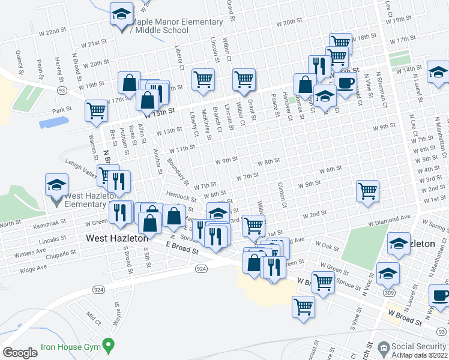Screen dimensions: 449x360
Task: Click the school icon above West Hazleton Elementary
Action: click(56, 185)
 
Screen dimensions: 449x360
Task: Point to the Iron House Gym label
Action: click(68, 346)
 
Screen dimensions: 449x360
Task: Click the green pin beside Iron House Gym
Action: click(108, 346)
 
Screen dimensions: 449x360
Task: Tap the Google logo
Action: click(20, 353)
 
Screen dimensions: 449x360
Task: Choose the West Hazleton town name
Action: click(116, 238)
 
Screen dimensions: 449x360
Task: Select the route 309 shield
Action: click(390, 292)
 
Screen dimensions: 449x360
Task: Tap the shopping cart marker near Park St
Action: click(96, 111)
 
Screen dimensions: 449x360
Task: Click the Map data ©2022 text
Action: click(423, 355)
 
